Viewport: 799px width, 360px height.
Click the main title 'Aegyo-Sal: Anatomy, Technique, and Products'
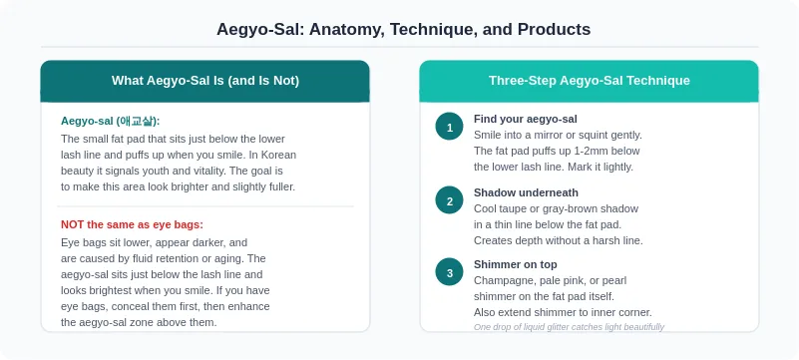[x=403, y=29]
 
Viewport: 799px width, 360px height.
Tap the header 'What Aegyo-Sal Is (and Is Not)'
[x=205, y=81]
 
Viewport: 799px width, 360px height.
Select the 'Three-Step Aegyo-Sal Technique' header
[x=590, y=81]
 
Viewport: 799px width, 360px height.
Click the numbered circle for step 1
[x=450, y=127]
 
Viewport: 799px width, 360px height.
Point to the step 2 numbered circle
[x=450, y=200]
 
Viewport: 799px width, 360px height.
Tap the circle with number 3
[x=450, y=272]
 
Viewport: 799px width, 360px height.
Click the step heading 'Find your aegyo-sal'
[x=526, y=119]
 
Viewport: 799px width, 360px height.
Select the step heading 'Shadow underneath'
[x=526, y=192]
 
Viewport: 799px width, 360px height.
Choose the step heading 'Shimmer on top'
[x=515, y=265]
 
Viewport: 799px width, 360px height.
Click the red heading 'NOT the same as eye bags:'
[x=132, y=224]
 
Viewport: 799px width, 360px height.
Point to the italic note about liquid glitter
[x=569, y=327]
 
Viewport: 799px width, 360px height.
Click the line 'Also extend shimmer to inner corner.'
[x=563, y=312]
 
